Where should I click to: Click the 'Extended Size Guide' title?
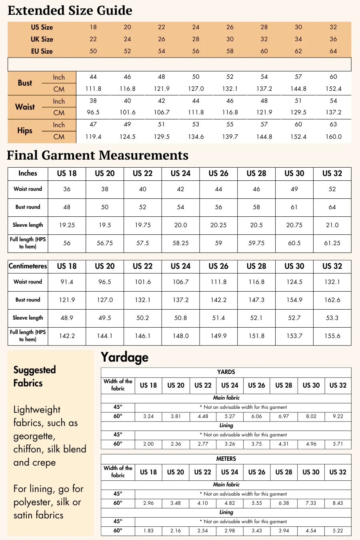70,10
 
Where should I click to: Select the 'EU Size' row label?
42,51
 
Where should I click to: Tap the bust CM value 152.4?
333,89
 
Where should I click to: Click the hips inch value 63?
333,124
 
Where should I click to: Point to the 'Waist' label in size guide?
25,107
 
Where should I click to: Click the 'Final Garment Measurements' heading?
98,155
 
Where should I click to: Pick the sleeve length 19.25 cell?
67,225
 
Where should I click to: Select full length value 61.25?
332,243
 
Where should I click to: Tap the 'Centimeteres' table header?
28,266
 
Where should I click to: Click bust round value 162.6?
332,300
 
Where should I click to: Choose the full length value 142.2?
67,336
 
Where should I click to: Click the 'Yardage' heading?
124,357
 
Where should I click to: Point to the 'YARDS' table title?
226,372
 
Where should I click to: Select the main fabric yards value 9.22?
338,416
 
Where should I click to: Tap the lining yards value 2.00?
148,444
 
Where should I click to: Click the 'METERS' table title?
226,459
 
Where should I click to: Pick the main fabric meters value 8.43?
338,503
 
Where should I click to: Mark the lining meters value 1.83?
148,531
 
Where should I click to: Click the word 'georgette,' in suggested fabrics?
34,436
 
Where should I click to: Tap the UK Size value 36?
333,39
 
